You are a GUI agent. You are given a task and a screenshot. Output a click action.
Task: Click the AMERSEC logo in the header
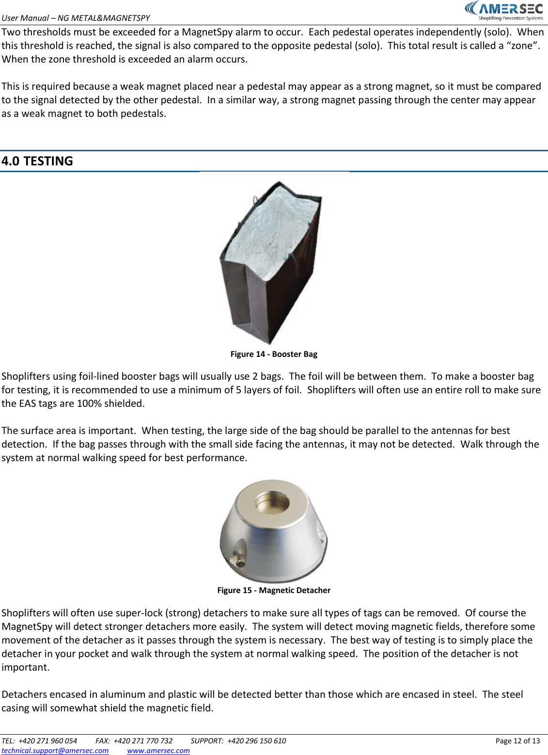[x=504, y=9]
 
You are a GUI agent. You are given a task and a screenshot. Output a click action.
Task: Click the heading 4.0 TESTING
[x=37, y=161]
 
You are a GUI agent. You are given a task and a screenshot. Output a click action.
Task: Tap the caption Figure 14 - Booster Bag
[x=274, y=354]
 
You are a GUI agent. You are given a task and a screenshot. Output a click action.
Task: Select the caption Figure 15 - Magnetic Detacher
[x=274, y=590]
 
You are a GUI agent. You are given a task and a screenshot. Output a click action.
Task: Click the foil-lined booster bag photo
[x=271, y=262]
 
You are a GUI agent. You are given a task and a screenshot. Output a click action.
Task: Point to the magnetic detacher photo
[x=274, y=531]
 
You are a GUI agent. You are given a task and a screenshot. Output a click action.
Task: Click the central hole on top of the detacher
[x=272, y=502]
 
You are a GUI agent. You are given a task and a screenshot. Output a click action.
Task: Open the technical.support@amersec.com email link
[x=55, y=750]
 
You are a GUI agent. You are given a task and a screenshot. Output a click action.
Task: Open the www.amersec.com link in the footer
[x=158, y=750]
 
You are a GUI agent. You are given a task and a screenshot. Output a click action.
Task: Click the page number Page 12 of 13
[x=517, y=740]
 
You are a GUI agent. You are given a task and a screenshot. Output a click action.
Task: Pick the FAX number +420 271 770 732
[x=143, y=740]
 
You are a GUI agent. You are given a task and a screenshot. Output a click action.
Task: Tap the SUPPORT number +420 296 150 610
[x=256, y=740]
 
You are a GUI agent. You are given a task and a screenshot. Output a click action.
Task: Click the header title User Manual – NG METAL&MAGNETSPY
[x=76, y=18]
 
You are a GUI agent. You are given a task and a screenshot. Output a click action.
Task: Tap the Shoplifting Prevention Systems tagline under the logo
[x=511, y=18]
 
